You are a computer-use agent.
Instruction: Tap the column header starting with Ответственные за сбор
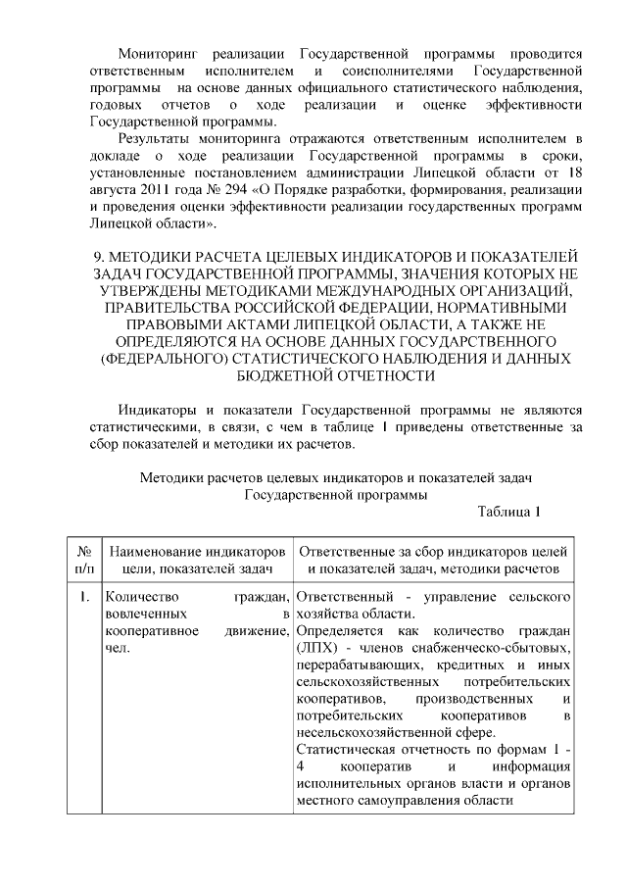[432, 551]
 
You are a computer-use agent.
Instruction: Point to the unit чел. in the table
[116, 648]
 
